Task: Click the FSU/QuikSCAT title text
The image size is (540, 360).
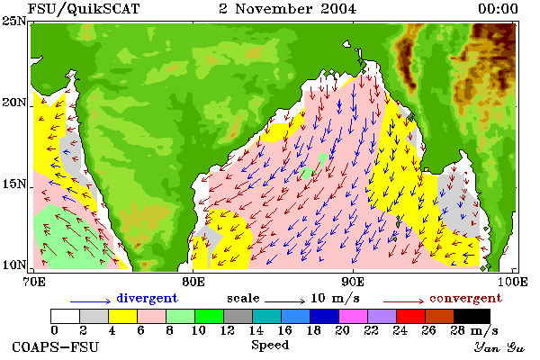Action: (84, 9)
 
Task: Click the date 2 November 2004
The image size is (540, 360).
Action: (288, 9)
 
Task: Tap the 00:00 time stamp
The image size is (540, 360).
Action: (498, 9)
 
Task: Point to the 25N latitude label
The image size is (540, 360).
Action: (13, 21)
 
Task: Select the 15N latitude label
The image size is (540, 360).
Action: (13, 184)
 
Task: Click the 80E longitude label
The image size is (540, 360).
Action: (193, 282)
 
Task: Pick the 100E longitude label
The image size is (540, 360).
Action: (512, 282)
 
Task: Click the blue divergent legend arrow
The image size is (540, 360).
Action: (90, 301)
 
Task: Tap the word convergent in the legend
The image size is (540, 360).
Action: (465, 298)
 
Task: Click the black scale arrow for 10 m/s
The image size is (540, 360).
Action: (284, 301)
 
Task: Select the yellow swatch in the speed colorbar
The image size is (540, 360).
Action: (123, 316)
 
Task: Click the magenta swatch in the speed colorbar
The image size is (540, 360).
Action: (354, 316)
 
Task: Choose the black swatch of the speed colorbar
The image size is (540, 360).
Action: (472, 316)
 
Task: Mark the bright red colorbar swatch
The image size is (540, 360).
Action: (411, 316)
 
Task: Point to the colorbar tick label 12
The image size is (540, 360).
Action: (228, 330)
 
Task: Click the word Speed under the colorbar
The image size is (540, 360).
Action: (270, 345)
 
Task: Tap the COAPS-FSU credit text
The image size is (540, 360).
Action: (55, 346)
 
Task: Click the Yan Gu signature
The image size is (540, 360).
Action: (499, 347)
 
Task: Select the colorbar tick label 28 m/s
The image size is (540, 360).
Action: (474, 330)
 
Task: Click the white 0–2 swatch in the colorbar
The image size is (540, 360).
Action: (65, 316)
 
